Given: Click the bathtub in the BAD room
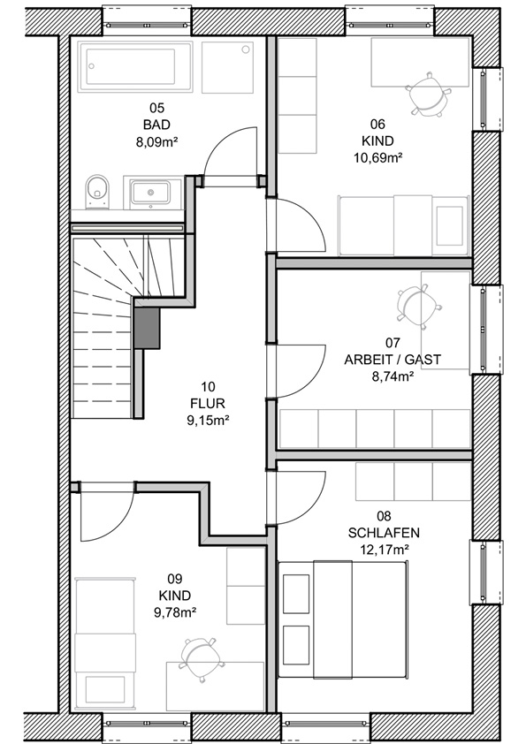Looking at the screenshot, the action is click(x=135, y=66).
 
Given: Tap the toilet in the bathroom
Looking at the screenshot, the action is click(x=97, y=191).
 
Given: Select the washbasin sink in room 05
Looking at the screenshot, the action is click(x=151, y=192).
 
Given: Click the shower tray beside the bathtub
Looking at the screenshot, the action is click(x=227, y=67).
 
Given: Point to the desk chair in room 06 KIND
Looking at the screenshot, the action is click(x=427, y=95).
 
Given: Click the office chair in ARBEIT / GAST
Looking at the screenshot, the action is click(x=419, y=307).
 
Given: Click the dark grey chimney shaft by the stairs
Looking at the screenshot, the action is click(x=146, y=328).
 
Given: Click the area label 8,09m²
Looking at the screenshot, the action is click(x=156, y=142).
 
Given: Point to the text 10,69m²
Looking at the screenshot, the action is click(x=377, y=158).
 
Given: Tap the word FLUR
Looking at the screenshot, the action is click(x=208, y=404).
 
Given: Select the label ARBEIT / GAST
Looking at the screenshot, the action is click(x=393, y=360).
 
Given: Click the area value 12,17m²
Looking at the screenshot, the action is click(x=385, y=550).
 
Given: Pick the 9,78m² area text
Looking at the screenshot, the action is click(x=175, y=612).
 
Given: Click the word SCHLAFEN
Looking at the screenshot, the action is click(x=384, y=533).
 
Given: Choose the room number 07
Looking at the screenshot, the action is click(x=393, y=343).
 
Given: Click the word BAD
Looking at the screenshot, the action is click(x=156, y=125).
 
